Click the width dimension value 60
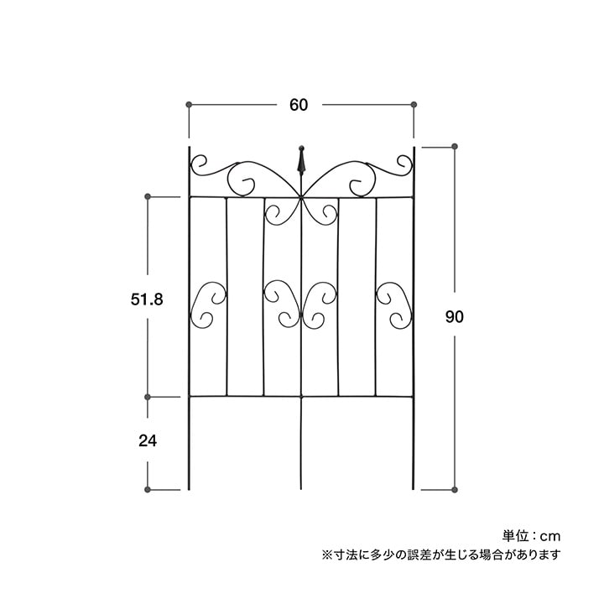click(299, 105)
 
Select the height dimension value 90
click(455, 316)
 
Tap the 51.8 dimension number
click(147, 299)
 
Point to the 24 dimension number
click(148, 440)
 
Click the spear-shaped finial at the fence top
click(302, 161)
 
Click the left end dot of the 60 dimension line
click(189, 104)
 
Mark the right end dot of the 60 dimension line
click(414, 104)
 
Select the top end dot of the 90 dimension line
click(455, 146)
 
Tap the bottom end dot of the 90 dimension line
click(455, 490)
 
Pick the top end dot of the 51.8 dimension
click(147, 196)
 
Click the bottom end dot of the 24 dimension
click(147, 490)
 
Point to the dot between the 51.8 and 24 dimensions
click(147, 397)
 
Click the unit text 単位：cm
click(531, 536)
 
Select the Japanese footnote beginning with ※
click(441, 555)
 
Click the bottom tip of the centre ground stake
click(301, 489)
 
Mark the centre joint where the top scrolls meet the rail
click(301, 198)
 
